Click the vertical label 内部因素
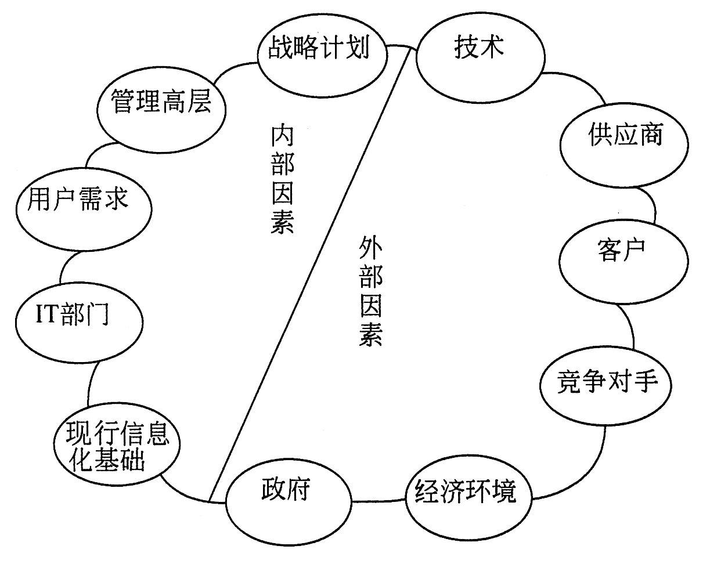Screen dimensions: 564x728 (283, 180)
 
